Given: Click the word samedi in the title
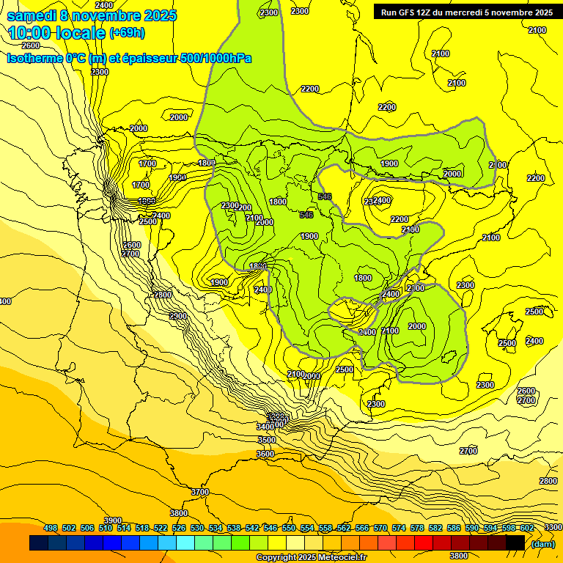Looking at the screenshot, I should [31, 15].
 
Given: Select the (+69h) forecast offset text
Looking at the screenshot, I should [127, 33].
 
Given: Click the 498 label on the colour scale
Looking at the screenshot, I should [51, 528].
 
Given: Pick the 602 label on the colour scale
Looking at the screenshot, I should [527, 528].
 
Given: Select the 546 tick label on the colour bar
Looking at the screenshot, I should [271, 528].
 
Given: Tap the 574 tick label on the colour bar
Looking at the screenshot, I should [399, 528].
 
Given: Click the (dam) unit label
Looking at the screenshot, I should [542, 543].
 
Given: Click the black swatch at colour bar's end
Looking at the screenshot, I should [515, 543].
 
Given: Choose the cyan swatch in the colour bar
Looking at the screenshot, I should [185, 543].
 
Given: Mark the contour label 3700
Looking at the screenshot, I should [199, 492].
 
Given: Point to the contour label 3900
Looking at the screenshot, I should [113, 520].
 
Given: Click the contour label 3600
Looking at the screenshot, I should [265, 454].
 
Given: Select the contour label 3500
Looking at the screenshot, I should [267, 440].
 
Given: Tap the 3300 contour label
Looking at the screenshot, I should [552, 527].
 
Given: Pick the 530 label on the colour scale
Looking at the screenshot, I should [197, 528].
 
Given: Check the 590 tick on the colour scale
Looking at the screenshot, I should [472, 528].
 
